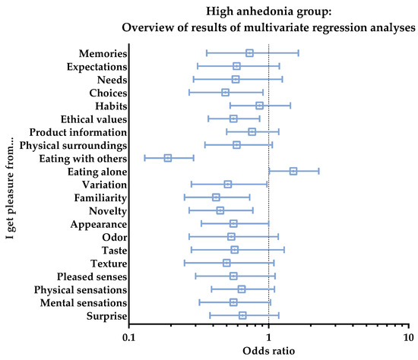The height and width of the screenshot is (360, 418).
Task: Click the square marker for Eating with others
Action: [168, 158]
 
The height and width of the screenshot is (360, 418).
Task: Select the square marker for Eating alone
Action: [293, 171]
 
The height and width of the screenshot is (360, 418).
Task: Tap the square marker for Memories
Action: [249, 53]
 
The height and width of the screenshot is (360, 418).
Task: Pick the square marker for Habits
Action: [259, 106]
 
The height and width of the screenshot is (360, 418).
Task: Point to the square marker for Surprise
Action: [242, 315]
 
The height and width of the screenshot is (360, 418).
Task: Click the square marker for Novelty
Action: [220, 210]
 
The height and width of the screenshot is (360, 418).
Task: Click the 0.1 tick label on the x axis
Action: [129, 337]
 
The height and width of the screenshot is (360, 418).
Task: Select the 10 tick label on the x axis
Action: [408, 337]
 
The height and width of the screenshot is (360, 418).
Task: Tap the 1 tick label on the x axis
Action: [268, 337]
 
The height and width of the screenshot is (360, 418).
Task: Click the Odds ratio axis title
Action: [268, 351]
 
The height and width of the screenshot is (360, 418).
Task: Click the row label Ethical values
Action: [93, 119]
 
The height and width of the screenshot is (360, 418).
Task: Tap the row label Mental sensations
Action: [84, 303]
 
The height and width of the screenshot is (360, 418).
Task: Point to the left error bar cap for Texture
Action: [185, 263]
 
